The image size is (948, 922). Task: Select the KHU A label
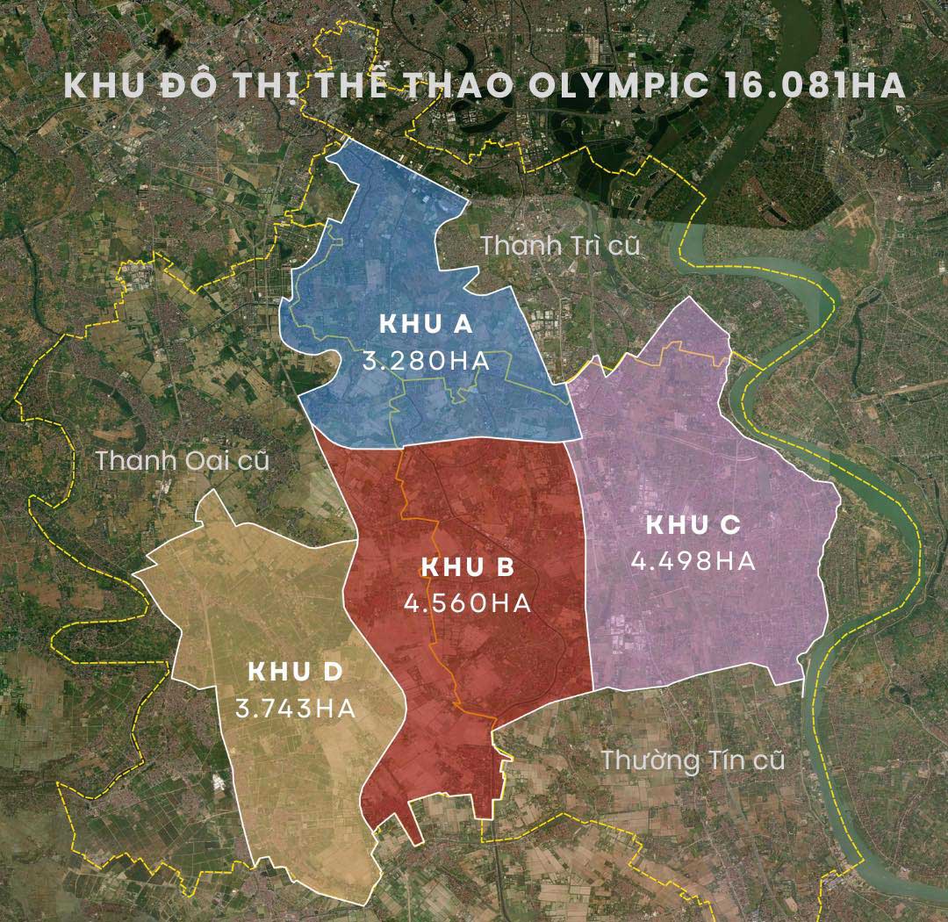pos(426,324)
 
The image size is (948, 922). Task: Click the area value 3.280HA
pos(426,361)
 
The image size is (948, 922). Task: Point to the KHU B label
pos(468,567)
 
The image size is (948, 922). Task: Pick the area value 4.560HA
pos(468,604)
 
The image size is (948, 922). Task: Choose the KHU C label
pos(693,525)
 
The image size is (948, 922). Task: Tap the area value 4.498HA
pos(693,561)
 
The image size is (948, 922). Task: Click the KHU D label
pos(294,673)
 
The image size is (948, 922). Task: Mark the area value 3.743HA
pos(295,709)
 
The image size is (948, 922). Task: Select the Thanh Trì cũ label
pos(561,246)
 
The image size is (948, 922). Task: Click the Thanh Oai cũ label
pos(182,460)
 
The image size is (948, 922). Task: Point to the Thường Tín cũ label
pos(693,760)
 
